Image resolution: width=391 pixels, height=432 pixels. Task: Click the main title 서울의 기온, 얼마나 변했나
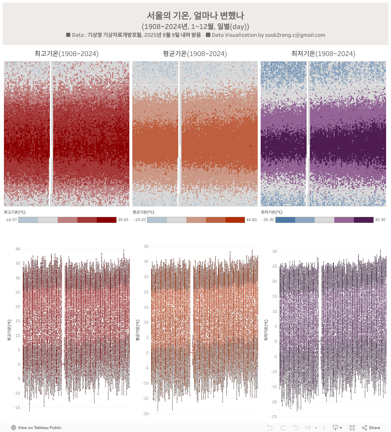(x=195, y=15)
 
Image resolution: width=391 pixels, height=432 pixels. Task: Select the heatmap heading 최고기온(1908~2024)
(x=66, y=54)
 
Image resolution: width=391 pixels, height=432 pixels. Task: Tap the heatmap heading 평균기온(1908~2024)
(x=195, y=54)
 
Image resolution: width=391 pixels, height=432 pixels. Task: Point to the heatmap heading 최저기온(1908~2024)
(x=323, y=54)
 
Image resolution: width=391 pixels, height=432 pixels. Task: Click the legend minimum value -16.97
(x=11, y=220)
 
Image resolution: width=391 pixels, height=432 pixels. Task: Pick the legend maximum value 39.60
(x=123, y=220)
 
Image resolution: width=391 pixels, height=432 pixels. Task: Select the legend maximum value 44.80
(x=251, y=220)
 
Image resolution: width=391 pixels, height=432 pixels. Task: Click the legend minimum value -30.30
(x=268, y=220)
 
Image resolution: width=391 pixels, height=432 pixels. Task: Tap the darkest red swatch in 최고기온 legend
(x=107, y=220)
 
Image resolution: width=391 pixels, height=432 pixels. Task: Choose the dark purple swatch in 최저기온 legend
(x=364, y=220)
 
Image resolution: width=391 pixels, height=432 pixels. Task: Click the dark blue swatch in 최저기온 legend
(x=285, y=220)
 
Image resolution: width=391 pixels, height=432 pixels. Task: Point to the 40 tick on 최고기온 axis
(x=18, y=249)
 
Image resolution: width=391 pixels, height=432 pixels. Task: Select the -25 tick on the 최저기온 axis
(x=274, y=417)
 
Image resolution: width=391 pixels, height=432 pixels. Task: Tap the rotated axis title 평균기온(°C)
(x=138, y=330)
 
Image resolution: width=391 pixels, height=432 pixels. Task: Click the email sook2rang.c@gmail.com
(x=295, y=35)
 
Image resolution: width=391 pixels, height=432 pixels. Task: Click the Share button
(x=371, y=428)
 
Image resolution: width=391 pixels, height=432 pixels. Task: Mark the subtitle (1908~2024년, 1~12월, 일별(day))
(x=195, y=26)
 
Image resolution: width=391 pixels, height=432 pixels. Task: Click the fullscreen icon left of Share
(x=352, y=428)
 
